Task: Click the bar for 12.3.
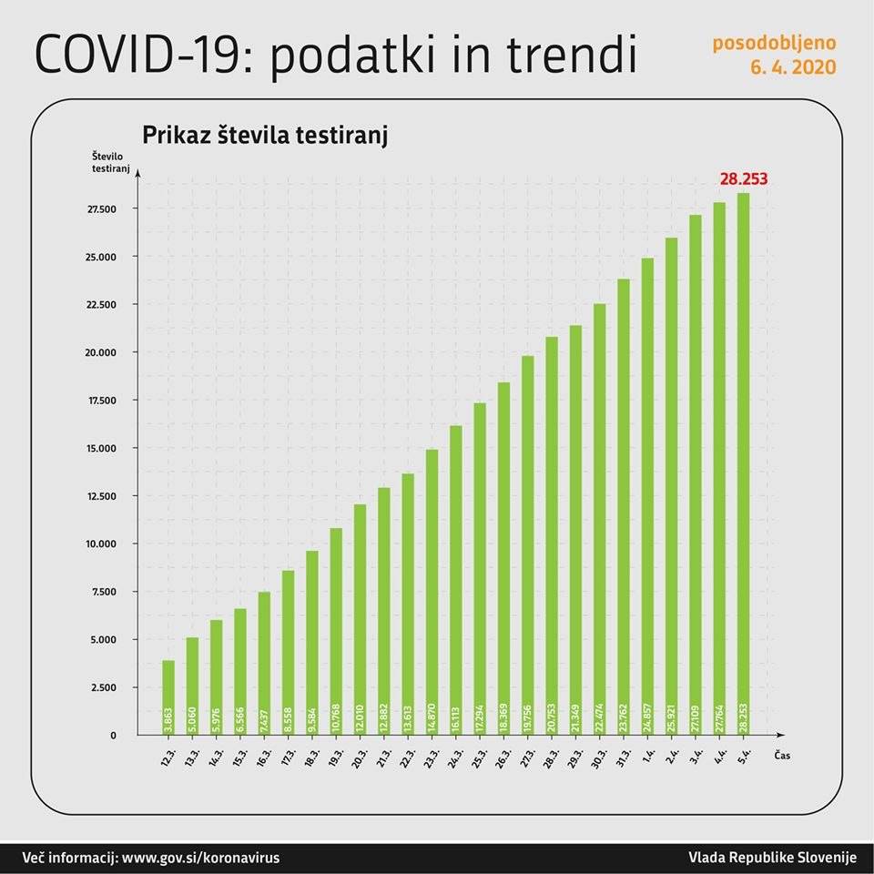[x=168, y=697]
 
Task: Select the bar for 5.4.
[x=744, y=463]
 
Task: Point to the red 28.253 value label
[x=744, y=179]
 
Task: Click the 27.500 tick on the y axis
[x=102, y=209]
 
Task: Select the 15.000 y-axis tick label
[x=102, y=449]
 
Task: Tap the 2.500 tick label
[x=105, y=687]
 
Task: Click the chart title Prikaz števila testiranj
[x=265, y=136]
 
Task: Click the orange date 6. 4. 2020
[x=793, y=67]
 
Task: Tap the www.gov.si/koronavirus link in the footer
[x=200, y=858]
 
